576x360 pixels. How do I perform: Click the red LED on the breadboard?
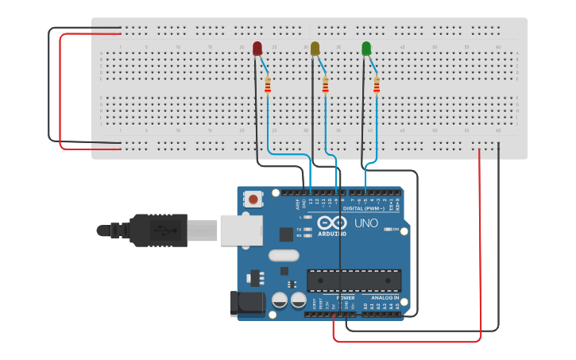[x=257, y=49]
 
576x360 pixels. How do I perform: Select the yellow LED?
[x=315, y=49]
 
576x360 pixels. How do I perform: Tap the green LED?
[x=366, y=49]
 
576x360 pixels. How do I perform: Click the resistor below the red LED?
[x=268, y=84]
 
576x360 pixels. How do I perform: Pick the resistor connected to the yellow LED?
[x=325, y=84]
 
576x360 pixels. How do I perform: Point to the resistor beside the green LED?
[x=377, y=84]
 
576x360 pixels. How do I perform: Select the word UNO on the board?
[x=365, y=223]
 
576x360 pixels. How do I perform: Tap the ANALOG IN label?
[x=385, y=297]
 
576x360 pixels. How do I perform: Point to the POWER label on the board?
[x=345, y=297]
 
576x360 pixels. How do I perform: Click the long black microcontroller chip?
[x=354, y=280]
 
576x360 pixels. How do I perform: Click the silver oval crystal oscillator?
[x=284, y=256]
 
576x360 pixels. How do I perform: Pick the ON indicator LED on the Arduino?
[x=387, y=229]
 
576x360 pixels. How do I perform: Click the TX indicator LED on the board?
[x=308, y=229]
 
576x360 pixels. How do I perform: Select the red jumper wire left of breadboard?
[x=60, y=91]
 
